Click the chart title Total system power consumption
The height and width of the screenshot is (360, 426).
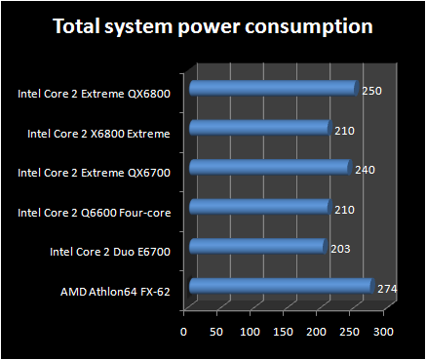pos(213,26)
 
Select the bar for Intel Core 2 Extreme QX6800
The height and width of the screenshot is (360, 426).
pos(272,89)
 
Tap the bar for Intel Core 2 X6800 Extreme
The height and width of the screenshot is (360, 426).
pos(259,128)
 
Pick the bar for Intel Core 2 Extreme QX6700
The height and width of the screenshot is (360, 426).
pos(269,168)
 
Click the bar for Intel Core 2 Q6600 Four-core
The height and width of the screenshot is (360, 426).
pos(259,207)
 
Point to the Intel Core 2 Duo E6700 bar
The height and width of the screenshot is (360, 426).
pos(256,246)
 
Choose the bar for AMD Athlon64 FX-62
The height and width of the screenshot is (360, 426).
pos(280,286)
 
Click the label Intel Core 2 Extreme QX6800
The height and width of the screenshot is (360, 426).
pos(95,95)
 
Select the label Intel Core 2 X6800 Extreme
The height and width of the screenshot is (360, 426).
pos(99,133)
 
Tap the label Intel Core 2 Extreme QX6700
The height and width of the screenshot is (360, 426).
pos(95,173)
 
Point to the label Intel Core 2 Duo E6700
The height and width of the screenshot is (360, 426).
pos(110,251)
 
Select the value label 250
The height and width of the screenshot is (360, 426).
pos(370,90)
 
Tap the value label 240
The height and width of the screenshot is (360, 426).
pos(364,170)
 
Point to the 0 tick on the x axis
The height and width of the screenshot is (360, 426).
pos(184,333)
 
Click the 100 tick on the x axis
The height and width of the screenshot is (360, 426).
pos(251,333)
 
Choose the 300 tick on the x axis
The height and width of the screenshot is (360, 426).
pos(383,333)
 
